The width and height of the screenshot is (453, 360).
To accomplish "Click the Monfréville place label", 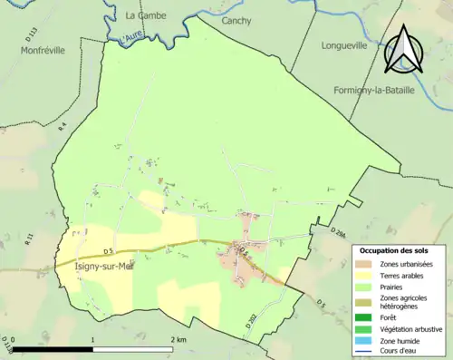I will pos(43,51).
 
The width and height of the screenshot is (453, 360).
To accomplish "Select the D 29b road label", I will pos(338,234).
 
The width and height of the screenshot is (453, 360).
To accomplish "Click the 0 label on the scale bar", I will pos(14,338).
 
